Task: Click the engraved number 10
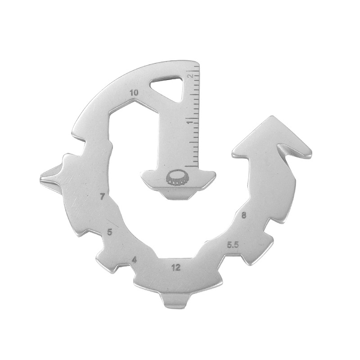[134, 93]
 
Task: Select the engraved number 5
[110, 232]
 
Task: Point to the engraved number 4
[134, 260]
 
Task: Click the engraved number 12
[176, 267]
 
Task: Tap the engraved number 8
[243, 216]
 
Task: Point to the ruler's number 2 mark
[189, 75]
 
